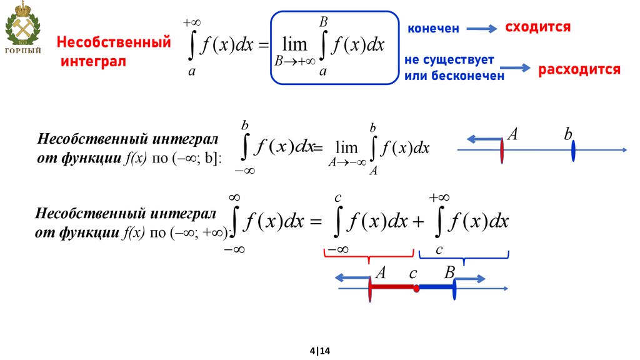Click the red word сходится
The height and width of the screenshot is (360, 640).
537,27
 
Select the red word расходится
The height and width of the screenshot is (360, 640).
579,69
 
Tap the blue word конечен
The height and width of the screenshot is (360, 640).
434,29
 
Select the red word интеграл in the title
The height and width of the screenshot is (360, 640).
93,61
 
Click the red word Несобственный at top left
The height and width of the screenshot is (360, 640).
114,43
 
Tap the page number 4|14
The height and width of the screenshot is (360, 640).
319,351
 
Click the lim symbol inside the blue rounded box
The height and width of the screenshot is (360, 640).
294,45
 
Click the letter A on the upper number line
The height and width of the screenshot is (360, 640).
512,134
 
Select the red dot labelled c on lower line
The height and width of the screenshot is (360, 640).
416,288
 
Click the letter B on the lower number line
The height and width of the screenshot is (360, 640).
449,272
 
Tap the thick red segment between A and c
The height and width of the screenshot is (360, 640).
393,287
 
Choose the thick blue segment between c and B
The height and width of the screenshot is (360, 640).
436,287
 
